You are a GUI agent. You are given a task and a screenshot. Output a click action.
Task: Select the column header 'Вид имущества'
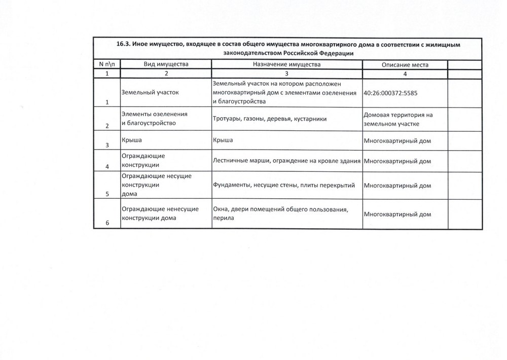166,65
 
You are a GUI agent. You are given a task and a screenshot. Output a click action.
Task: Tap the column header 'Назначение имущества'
286,65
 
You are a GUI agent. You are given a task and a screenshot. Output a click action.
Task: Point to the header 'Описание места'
405,65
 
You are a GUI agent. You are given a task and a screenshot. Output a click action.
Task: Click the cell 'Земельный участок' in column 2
150,93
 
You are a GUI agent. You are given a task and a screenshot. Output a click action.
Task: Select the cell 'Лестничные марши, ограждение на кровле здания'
286,161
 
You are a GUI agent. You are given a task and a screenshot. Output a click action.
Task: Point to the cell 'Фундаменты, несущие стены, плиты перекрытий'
284,186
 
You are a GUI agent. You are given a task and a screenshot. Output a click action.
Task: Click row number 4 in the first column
107,167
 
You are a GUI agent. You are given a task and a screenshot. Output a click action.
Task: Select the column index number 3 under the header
286,74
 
